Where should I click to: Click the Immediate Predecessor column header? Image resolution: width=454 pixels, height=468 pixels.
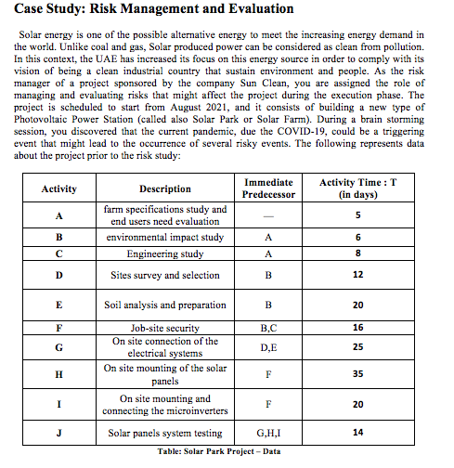point(267,189)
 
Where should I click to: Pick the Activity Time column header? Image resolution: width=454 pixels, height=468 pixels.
point(357,189)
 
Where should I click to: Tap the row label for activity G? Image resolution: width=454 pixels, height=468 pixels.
point(59,347)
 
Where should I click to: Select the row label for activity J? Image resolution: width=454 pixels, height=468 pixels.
point(59,434)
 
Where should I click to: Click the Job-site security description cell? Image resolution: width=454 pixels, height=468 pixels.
point(164,328)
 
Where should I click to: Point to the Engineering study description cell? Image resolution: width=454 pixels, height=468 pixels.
point(164,253)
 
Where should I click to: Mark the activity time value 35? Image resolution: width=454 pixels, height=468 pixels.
point(357,374)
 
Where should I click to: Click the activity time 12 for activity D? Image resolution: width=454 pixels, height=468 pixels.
point(357,275)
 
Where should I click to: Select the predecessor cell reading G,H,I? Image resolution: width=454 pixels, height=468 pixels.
point(267,434)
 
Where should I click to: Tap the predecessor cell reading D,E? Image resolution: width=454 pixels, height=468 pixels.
point(267,347)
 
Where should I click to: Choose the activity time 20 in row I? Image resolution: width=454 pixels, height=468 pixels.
point(357,405)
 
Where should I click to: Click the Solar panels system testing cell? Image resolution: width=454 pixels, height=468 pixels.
point(164,434)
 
